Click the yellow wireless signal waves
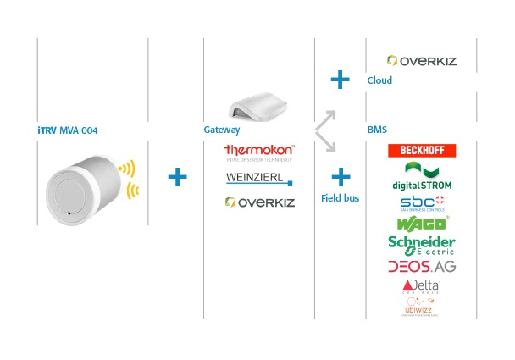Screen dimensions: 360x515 click(x=129, y=180)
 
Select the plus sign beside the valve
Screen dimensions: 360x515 click(x=176, y=177)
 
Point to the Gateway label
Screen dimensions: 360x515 click(x=222, y=130)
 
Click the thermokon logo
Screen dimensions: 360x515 click(x=258, y=152)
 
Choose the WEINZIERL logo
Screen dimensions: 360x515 click(x=258, y=178)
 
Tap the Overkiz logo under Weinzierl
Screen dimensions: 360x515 click(x=258, y=202)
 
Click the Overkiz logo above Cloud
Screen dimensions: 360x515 click(x=421, y=61)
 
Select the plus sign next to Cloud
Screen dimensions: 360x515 click(x=340, y=80)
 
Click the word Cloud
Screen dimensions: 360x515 click(x=379, y=81)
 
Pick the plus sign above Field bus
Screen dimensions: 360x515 click(x=340, y=177)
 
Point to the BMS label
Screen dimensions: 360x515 click(x=377, y=130)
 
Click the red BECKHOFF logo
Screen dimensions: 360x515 click(x=421, y=151)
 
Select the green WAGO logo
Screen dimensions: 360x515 click(x=421, y=224)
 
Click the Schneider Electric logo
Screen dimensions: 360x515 click(x=421, y=245)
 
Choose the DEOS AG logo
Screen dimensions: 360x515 click(x=421, y=267)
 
